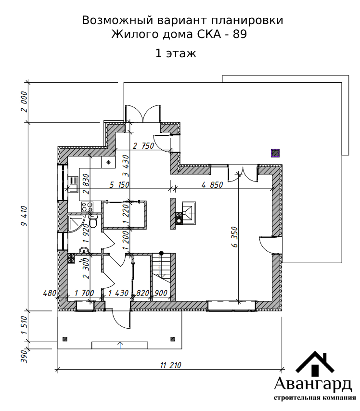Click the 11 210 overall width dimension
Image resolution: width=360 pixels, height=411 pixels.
tap(170, 365)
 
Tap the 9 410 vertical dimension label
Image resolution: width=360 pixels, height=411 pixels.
tap(24, 216)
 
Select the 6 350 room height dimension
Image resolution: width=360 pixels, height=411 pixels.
tap(235, 237)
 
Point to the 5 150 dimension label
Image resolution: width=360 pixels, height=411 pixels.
tap(119, 185)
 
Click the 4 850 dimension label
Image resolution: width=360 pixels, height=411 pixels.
tap(212, 185)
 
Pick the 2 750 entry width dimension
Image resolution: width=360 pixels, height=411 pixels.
tap(143, 146)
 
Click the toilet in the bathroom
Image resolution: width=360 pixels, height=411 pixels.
tap(92, 221)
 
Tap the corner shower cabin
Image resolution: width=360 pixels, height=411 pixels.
tap(76, 224)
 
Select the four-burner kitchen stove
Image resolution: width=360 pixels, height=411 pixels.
tap(87, 207)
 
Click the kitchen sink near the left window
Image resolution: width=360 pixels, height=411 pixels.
tap(73, 184)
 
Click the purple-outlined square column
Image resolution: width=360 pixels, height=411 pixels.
tap(275, 153)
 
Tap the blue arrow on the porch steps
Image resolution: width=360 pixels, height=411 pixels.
tap(120, 345)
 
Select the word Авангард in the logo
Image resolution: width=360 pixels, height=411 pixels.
tap(313, 384)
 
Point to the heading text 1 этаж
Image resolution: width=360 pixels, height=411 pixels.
tap(176, 53)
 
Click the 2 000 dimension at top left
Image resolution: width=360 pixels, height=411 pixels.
tap(24, 102)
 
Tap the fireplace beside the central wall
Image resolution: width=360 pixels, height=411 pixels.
tap(186, 213)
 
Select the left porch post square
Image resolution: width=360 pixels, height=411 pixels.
tap(65, 339)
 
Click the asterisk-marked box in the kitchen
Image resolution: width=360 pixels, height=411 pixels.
tap(109, 163)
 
